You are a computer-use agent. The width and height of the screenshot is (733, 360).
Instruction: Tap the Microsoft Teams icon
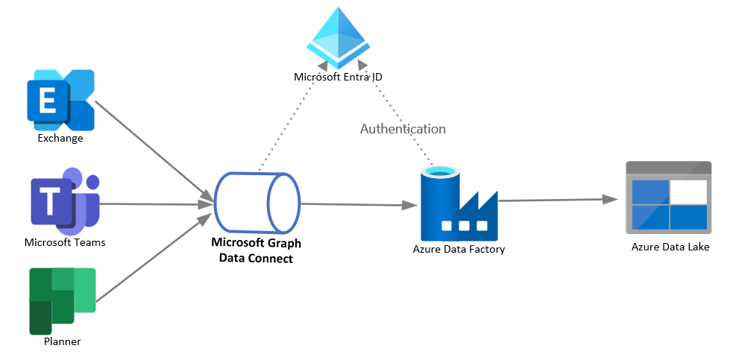point(65,200)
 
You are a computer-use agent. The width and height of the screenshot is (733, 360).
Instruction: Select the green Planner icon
point(63,300)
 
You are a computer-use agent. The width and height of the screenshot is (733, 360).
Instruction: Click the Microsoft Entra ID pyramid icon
point(339,39)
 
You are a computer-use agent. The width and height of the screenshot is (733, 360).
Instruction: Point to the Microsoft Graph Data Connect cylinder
point(257,203)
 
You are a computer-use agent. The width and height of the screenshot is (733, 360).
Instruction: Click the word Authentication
point(403,129)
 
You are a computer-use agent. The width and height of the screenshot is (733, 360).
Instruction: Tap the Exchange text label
point(60,138)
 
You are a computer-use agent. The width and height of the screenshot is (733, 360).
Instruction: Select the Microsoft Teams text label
point(65,242)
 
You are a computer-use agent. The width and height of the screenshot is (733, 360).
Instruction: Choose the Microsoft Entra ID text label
point(339,77)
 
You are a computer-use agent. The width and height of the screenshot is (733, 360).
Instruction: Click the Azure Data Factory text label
point(459,250)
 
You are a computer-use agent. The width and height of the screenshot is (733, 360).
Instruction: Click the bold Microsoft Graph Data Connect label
point(257,250)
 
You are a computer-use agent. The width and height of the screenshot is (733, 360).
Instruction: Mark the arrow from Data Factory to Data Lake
point(559,200)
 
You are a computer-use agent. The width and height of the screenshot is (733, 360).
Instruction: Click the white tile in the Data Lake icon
point(688,192)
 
